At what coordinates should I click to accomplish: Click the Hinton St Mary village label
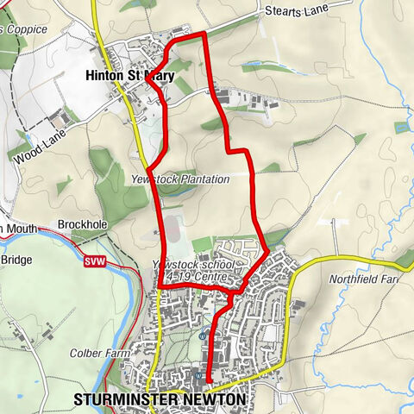(x=129, y=77)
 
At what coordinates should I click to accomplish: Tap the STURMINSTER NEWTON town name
(x=160, y=400)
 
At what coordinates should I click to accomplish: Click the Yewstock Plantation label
(x=180, y=179)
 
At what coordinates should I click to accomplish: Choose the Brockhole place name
(x=82, y=224)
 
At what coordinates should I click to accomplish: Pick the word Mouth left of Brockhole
(x=22, y=228)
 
